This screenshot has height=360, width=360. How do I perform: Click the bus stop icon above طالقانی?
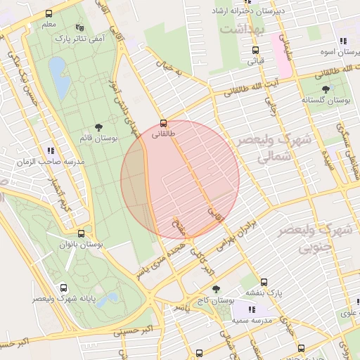point(163,122)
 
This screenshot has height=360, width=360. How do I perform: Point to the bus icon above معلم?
point(49,13)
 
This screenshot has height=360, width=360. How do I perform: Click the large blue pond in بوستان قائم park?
point(59,77)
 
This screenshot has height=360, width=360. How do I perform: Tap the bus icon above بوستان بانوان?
point(82,233)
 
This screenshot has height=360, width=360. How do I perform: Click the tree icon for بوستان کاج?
point(216,289)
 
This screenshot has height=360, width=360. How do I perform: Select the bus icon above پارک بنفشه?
point(264,282)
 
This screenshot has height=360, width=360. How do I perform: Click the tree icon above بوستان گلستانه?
point(326,89)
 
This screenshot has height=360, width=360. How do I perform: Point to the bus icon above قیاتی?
point(255,50)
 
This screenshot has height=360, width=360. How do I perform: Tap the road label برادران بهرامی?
point(229,249)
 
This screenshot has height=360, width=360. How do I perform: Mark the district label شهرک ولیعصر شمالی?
point(264,149)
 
